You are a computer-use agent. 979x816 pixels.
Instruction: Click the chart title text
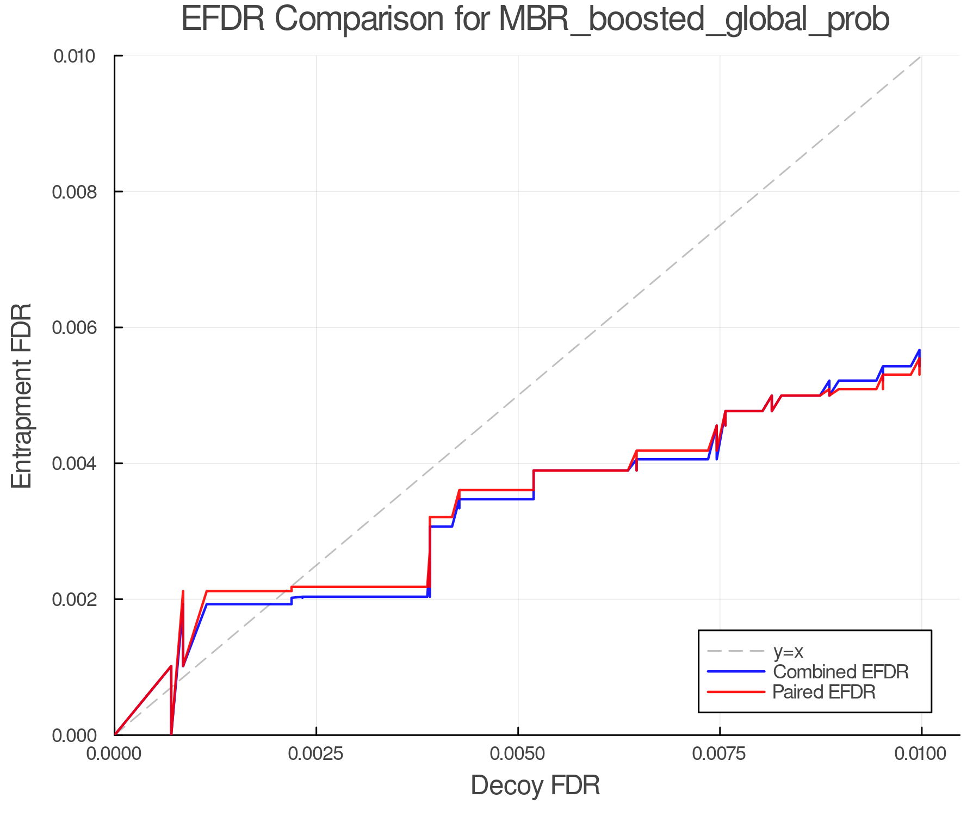pos(535,20)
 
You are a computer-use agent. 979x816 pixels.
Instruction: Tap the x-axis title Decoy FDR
pos(535,786)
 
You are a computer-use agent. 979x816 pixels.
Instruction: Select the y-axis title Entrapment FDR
pos(22,395)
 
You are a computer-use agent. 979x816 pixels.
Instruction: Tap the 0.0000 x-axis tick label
pos(114,754)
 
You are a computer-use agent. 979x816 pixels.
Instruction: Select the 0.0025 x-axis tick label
pos(316,754)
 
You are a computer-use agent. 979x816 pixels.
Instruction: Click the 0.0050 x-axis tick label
pos(518,754)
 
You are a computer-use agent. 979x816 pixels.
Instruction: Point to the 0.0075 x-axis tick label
pos(720,754)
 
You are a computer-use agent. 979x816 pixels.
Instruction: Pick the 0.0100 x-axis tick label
pos(921,754)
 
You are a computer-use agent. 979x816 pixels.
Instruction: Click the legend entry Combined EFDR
pos(841,672)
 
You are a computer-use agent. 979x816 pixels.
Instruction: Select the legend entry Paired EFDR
pos(824,692)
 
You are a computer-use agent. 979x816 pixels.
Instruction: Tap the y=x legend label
pos(788,651)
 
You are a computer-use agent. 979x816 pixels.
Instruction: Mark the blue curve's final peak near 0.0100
pos(919,350)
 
